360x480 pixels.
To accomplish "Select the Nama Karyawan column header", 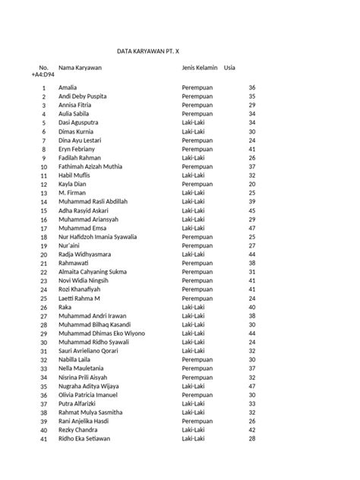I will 80,68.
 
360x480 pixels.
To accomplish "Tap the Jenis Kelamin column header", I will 200,68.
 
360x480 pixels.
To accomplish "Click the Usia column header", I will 229,68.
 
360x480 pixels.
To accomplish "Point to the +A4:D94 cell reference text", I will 44,77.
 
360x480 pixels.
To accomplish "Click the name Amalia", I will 68,88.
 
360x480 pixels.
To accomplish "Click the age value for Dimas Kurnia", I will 251,131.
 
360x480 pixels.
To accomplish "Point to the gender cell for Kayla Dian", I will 198,184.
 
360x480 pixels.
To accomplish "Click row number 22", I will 43,272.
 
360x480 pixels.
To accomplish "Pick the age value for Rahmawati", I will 251,263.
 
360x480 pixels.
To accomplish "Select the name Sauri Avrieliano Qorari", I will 93,351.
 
